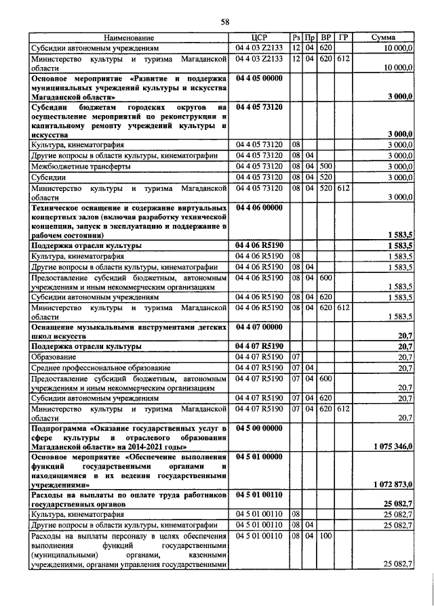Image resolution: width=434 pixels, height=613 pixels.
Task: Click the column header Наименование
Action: (130, 38)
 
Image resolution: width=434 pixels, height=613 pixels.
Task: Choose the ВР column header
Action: (325, 38)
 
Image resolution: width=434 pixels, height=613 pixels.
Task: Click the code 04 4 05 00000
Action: (259, 79)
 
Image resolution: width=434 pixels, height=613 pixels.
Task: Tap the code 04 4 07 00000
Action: (259, 326)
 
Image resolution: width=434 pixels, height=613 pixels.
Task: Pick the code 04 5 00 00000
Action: (259, 429)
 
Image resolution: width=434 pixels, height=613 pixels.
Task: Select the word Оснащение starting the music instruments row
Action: (56, 326)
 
